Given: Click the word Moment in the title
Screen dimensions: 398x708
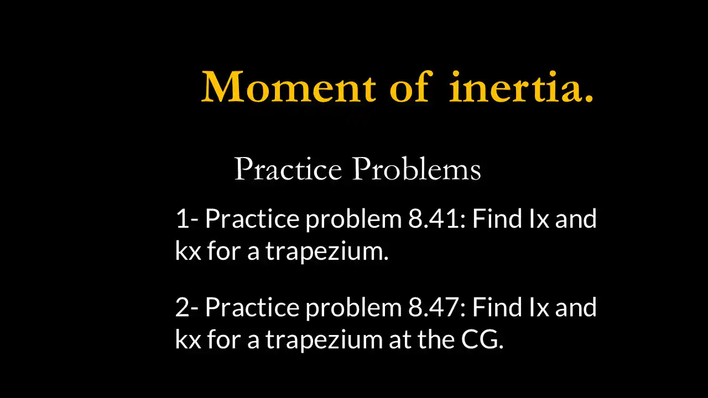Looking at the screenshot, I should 288,87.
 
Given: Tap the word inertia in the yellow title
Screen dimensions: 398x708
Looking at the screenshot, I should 521,87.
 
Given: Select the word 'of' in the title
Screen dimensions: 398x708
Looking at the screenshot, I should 409,87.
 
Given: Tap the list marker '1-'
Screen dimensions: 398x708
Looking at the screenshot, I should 187,219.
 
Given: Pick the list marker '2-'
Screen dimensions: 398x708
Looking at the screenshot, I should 187,307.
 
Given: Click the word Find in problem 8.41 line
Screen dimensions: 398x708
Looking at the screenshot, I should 497,219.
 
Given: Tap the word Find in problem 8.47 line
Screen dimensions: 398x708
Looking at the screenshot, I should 497,307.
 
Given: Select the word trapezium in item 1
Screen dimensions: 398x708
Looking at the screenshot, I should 326,252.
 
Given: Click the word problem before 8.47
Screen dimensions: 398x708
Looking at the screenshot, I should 354,307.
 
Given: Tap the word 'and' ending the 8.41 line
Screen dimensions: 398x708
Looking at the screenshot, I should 576,219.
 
